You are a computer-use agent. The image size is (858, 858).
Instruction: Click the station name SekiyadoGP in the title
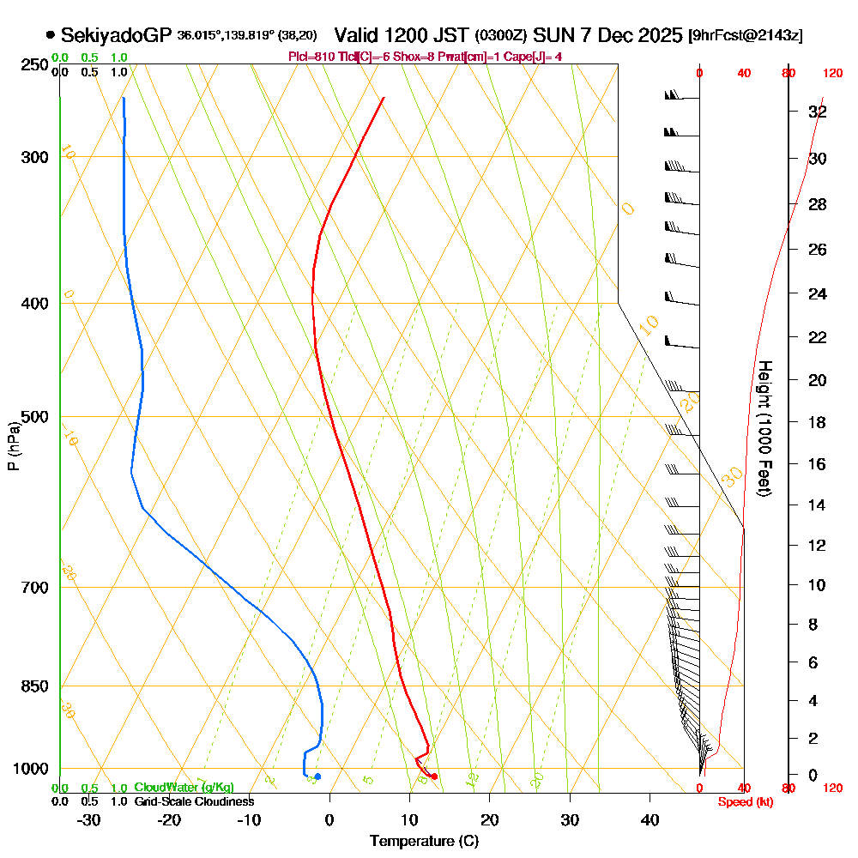(116, 35)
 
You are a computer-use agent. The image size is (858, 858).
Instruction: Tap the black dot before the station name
(51, 35)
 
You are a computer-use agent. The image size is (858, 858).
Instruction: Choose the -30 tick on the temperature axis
(89, 819)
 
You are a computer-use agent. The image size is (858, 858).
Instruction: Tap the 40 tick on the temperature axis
(650, 819)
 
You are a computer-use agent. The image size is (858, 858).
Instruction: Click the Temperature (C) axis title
(424, 841)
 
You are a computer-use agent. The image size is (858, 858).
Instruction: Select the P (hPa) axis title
(13, 446)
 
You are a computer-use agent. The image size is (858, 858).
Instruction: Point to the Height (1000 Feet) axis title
(763, 427)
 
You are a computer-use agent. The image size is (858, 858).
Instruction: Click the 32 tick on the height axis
(818, 112)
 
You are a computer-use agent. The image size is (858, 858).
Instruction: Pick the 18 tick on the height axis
(818, 422)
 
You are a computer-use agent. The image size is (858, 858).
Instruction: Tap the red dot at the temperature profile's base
(434, 776)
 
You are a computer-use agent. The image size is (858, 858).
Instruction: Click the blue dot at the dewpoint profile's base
(317, 776)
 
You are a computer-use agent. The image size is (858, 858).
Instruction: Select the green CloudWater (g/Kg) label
(184, 788)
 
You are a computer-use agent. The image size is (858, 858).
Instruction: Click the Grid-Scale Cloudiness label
(194, 801)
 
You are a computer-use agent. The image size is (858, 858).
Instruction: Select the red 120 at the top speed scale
(831, 74)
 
